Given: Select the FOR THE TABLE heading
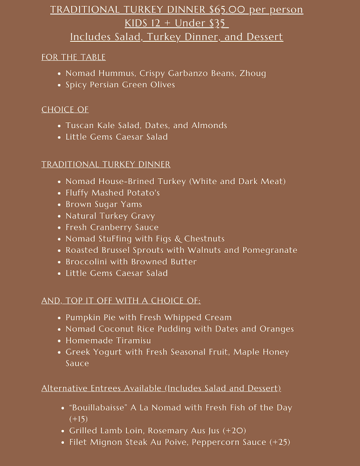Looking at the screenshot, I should click(73, 57).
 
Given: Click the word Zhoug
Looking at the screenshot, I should click(253, 73).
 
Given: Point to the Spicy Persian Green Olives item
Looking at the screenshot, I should click(120, 85).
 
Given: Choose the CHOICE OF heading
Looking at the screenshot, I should click(65, 110).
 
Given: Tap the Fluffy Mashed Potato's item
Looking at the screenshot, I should click(113, 193).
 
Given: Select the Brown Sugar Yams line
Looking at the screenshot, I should click(104, 204).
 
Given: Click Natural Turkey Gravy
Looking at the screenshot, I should click(110, 216).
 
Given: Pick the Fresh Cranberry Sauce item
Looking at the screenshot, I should click(112, 227).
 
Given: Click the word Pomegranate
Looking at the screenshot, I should click(270, 250).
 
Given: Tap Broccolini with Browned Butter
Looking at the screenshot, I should click(131, 262).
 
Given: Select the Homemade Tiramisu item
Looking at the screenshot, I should click(108, 341).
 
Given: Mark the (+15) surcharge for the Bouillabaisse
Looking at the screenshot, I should click(78, 419).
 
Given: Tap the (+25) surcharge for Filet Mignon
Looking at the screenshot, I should click(279, 442).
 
